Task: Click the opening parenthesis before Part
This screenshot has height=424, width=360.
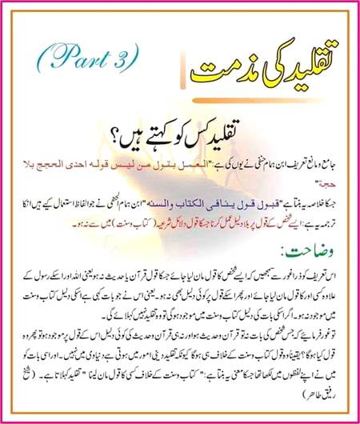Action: pyautogui.click(x=41, y=56)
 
